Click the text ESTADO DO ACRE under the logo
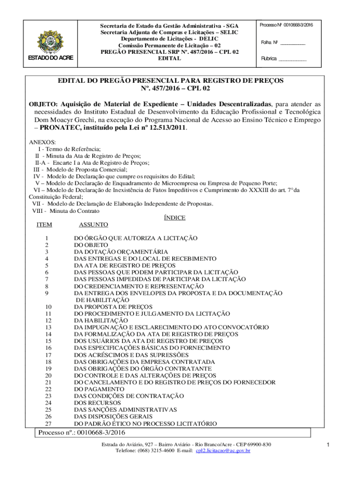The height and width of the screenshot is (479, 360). pyautogui.click(x=46, y=58)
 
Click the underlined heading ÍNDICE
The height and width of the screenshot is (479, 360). pyautogui.click(x=174, y=218)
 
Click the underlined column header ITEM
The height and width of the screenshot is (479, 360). pyautogui.click(x=44, y=225)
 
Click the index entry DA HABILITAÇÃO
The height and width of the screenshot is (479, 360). pyautogui.click(x=101, y=320)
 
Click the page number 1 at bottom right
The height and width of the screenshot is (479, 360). pyautogui.click(x=329, y=444)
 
